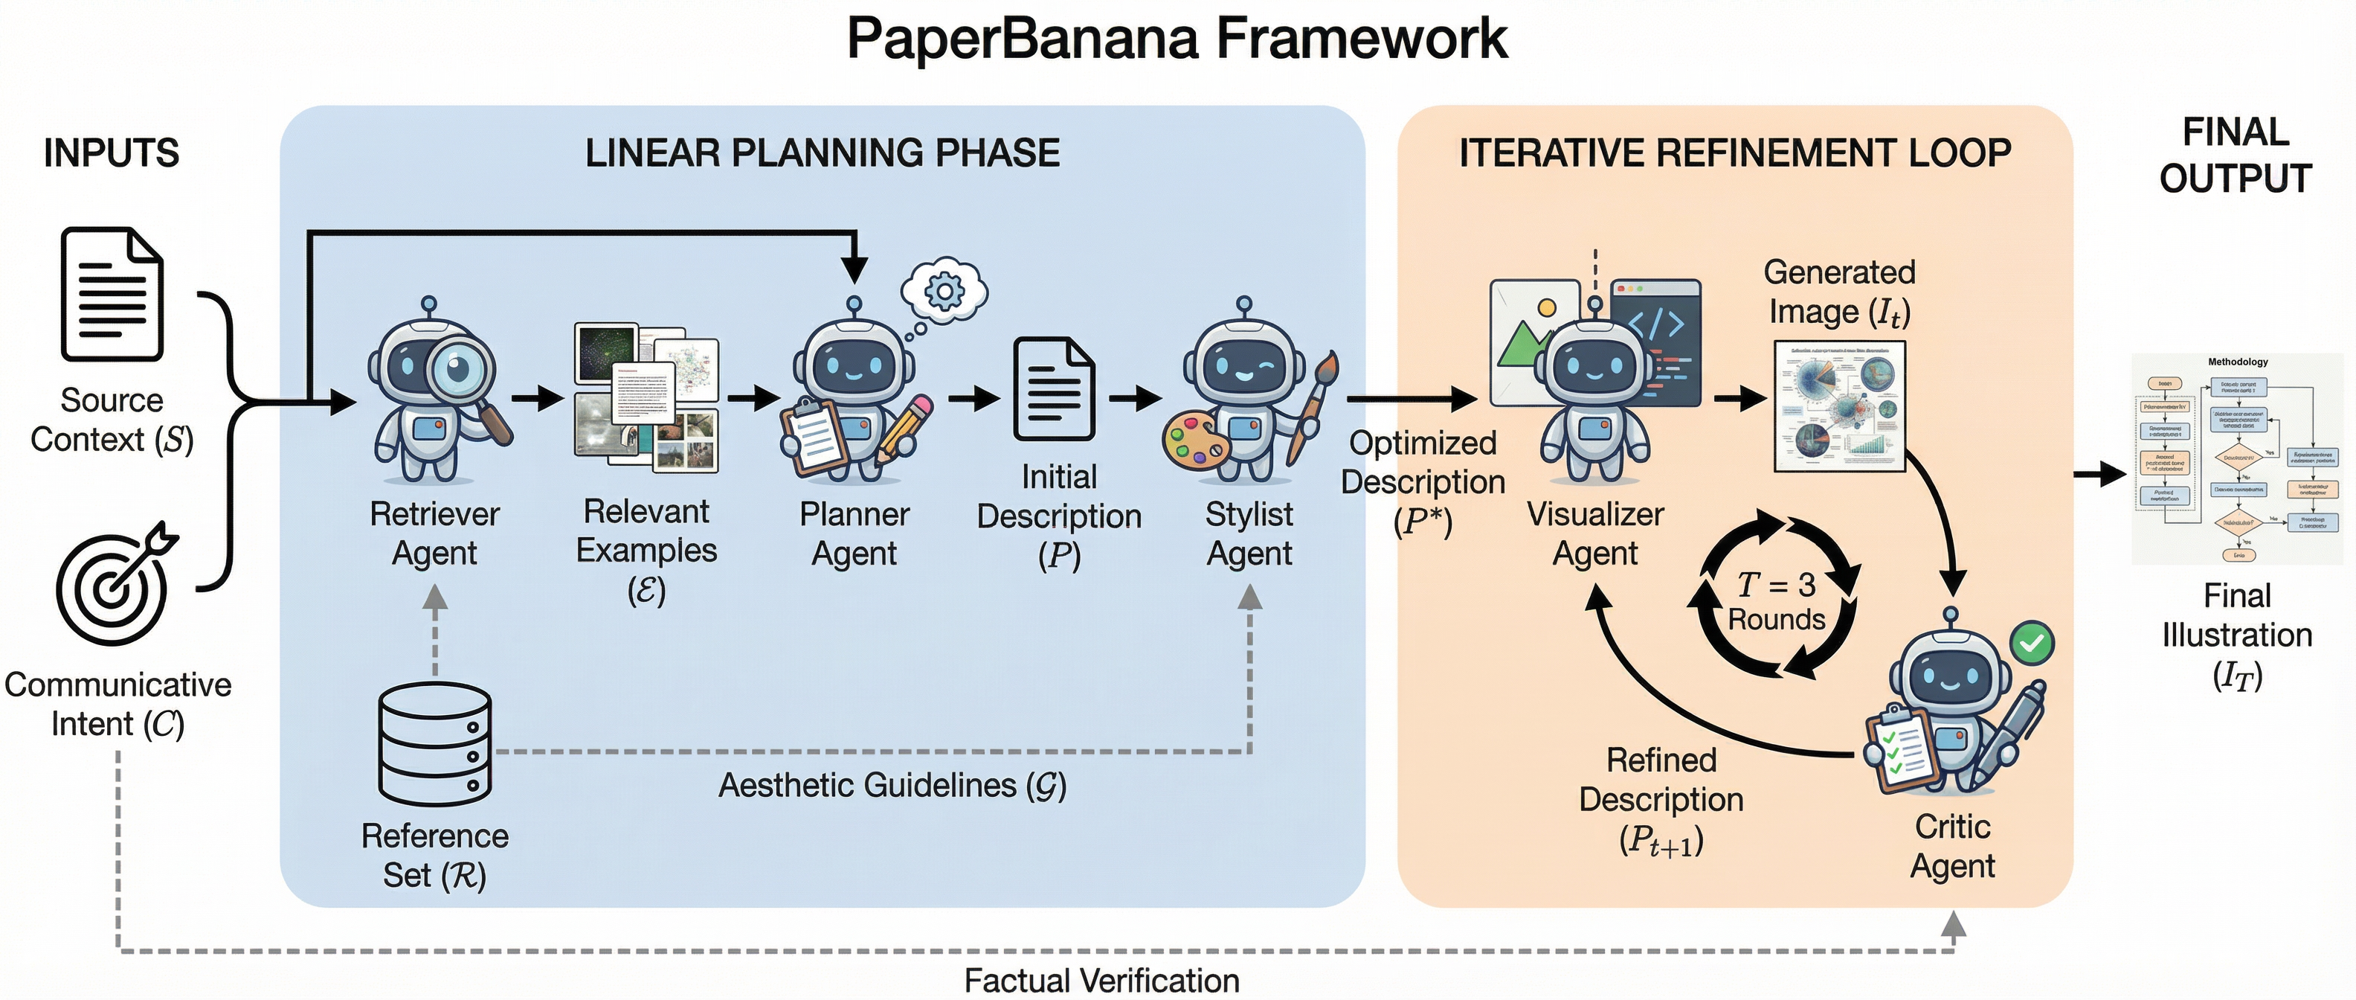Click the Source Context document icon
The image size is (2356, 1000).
112,295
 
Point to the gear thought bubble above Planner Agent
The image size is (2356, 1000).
944,291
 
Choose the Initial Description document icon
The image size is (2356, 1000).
1054,389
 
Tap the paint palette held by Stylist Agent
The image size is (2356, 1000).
1194,441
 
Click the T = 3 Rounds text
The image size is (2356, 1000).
1776,601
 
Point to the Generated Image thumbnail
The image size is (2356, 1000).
1839,406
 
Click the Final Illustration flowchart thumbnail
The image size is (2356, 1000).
2237,458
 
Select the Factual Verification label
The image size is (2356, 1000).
1101,981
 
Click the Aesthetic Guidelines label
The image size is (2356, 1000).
892,785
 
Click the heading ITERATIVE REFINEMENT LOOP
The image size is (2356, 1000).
1734,153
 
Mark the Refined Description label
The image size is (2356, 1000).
1661,798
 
